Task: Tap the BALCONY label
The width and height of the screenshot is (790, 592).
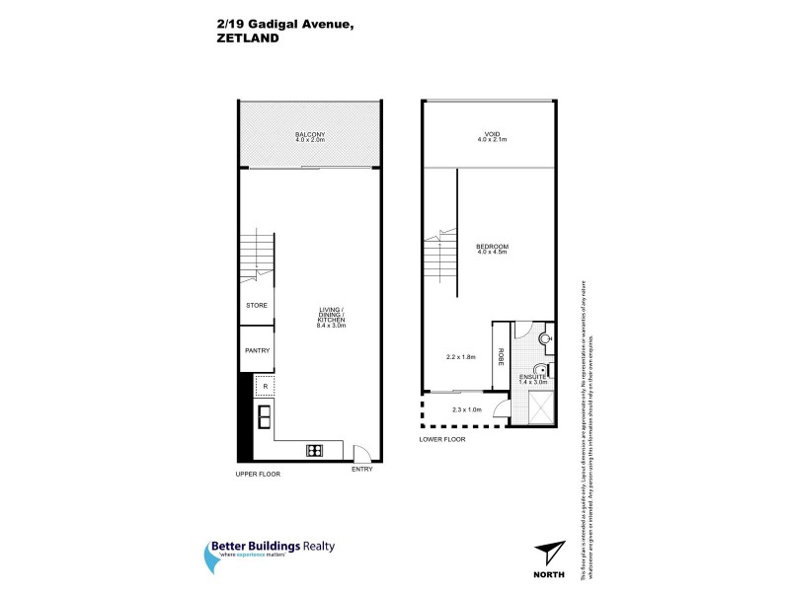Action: [x=309, y=135]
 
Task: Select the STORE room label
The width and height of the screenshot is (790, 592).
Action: [x=257, y=307]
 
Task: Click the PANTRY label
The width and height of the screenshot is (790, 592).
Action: [x=258, y=350]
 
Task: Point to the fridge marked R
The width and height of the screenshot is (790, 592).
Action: [x=266, y=386]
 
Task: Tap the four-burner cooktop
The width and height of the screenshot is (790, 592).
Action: [x=315, y=451]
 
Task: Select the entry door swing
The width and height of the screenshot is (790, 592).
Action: [x=362, y=453]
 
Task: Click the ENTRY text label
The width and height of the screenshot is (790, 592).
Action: [x=362, y=471]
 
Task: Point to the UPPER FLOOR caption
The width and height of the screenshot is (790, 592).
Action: [x=258, y=475]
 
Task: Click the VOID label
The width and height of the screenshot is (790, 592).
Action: [x=491, y=135]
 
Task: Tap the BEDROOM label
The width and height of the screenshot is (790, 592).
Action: [x=491, y=247]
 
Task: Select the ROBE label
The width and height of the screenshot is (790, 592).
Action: [x=501, y=357]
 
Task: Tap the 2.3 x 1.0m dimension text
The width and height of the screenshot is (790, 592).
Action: [x=465, y=409]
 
